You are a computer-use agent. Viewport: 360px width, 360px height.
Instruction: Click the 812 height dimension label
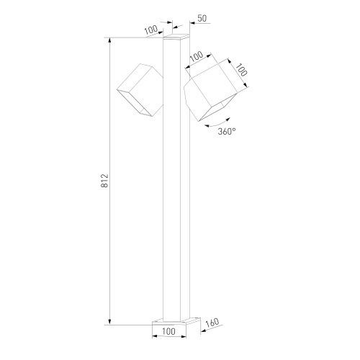(x=105, y=181)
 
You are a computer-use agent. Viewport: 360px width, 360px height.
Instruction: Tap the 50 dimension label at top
(x=202, y=18)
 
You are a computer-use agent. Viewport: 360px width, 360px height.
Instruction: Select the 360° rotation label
(x=227, y=131)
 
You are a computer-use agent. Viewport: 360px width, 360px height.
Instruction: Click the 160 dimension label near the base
(x=212, y=323)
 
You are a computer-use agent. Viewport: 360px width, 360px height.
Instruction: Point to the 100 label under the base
(x=169, y=331)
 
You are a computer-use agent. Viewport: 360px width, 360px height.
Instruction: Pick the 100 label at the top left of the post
(x=151, y=30)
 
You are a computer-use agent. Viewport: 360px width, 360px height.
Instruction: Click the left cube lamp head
(x=140, y=90)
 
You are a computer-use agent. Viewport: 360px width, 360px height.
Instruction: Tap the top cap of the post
(x=176, y=37)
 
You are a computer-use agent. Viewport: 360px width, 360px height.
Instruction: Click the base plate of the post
(x=176, y=321)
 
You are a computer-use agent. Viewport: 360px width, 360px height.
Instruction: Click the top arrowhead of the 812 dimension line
(x=110, y=40)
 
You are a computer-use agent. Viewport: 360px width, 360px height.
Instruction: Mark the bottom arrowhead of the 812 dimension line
(x=110, y=322)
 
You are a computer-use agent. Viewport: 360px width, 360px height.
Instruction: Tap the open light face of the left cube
(x=135, y=103)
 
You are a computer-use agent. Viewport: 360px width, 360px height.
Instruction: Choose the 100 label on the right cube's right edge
(x=241, y=70)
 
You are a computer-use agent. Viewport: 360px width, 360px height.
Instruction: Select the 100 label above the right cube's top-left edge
(x=197, y=56)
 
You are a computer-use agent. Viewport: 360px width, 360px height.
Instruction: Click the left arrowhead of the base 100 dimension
(x=155, y=336)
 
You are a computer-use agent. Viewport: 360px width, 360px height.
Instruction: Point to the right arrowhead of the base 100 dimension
(x=184, y=336)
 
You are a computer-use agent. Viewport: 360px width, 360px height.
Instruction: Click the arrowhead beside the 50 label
(x=193, y=23)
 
